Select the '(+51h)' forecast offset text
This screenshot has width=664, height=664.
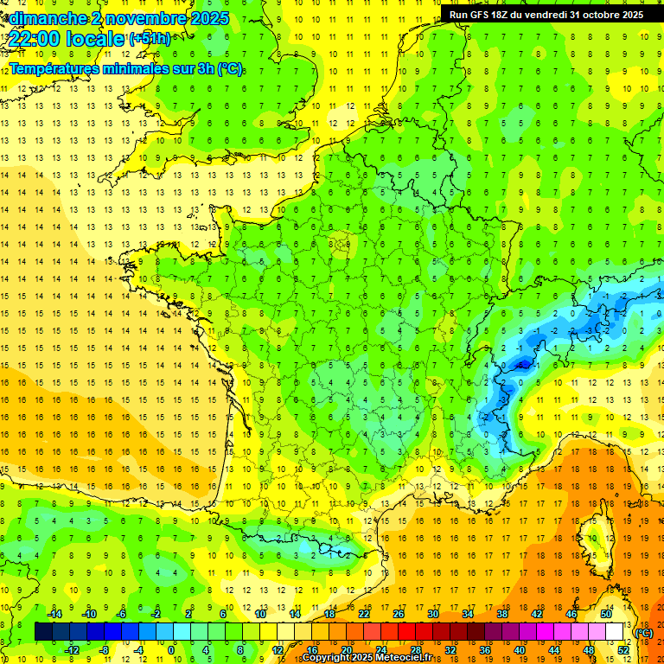tap(149, 39)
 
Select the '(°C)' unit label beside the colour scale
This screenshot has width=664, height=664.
tap(643, 633)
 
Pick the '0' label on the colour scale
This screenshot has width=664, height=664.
tap(171, 650)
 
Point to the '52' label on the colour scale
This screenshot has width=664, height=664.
tap(623, 650)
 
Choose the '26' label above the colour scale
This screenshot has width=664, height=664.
tap(398, 614)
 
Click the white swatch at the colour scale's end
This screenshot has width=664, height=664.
tap(615, 632)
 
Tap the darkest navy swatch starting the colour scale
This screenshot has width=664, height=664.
tap(43, 632)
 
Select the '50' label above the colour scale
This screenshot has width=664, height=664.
tap(606, 614)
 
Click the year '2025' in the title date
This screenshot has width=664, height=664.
tap(210, 18)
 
